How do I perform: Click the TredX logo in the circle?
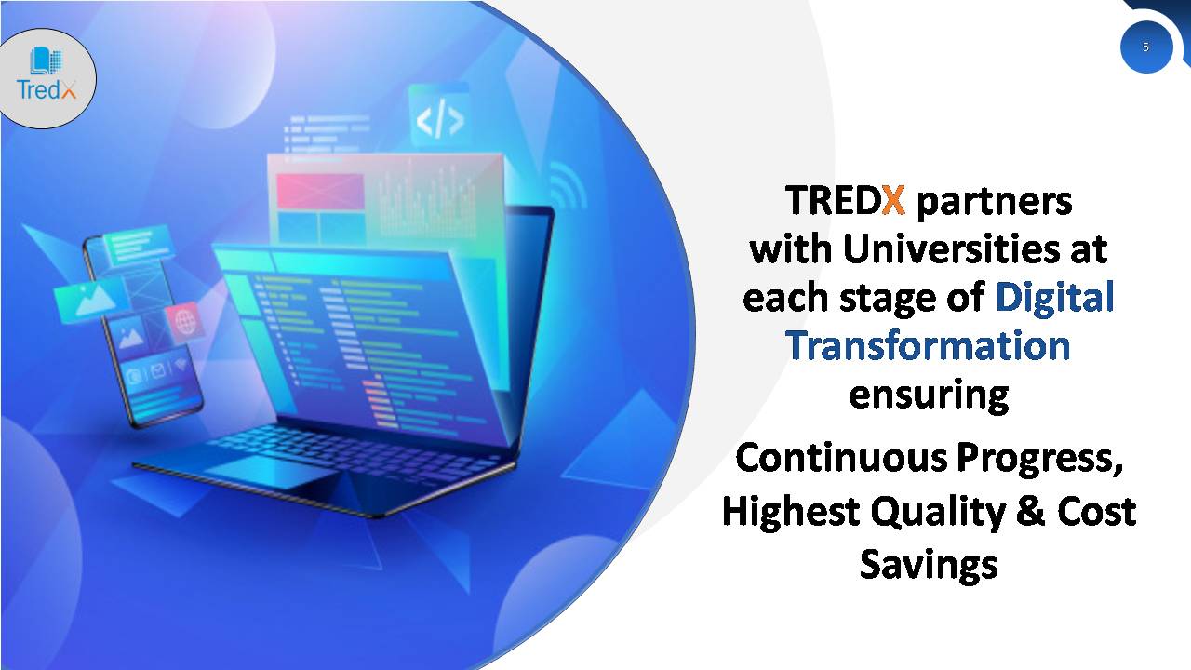coord(47,74)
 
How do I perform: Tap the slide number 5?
coord(1145,47)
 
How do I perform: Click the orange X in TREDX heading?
coord(893,200)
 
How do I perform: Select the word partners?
coord(995,202)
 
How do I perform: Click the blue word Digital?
coord(1054,297)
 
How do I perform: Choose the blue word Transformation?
coord(928,345)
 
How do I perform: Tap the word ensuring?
coord(929,395)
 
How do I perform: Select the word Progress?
coord(1039,460)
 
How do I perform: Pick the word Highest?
coord(791,511)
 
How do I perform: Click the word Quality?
coord(938,512)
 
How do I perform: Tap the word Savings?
coord(929,565)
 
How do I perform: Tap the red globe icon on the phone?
coord(184,321)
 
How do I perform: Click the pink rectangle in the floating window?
coord(321,191)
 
